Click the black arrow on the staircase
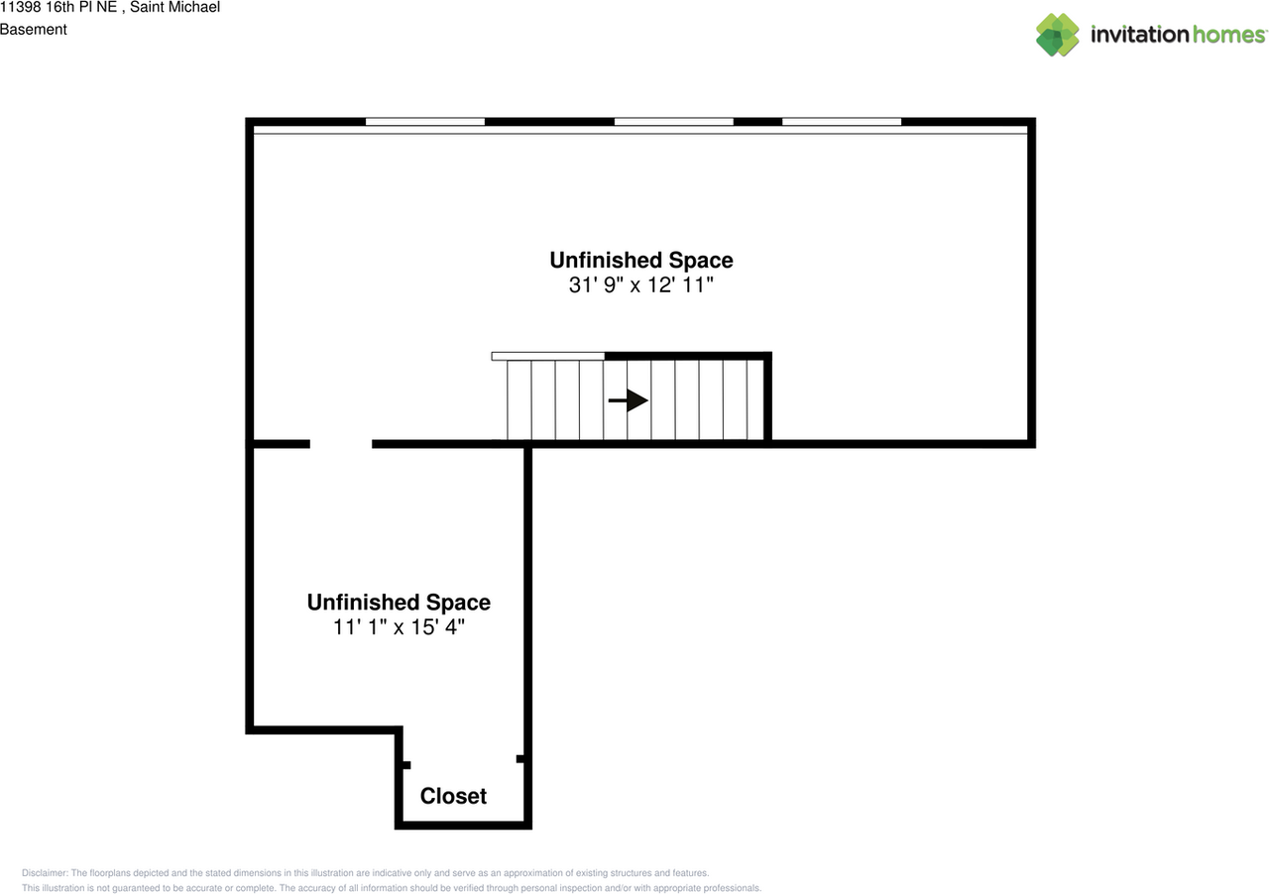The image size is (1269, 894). tap(628, 400)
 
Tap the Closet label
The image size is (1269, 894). tap(453, 796)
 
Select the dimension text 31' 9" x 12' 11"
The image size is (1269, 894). tap(641, 285)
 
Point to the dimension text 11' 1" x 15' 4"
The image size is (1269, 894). tap(399, 627)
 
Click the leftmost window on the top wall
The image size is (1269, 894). tap(425, 122)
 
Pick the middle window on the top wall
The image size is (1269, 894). tap(674, 122)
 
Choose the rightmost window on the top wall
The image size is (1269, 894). tap(842, 122)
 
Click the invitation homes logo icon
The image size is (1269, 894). tap(1058, 35)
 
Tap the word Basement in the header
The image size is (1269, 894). tap(34, 30)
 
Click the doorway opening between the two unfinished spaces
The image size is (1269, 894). tap(341, 444)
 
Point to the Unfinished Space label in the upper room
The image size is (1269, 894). tap(641, 261)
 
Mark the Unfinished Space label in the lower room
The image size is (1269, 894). tap(399, 603)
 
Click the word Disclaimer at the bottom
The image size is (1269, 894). tap(45, 873)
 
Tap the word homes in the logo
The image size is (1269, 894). tap(1229, 35)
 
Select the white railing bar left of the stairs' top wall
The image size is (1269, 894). tap(548, 356)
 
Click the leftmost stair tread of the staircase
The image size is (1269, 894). tap(519, 400)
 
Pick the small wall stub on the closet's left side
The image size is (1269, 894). tap(405, 765)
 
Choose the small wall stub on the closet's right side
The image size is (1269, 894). tap(520, 759)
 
